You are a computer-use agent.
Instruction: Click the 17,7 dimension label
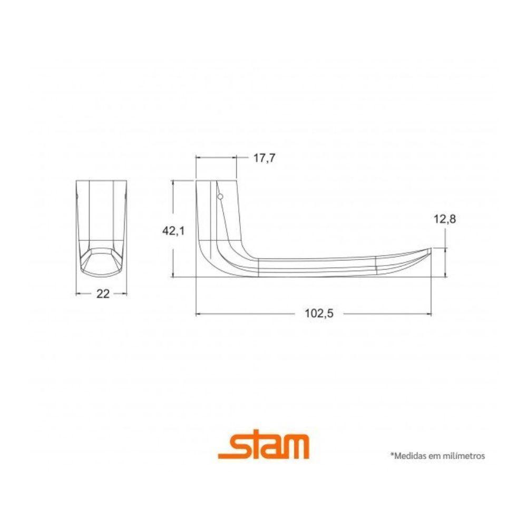pyautogui.click(x=265, y=159)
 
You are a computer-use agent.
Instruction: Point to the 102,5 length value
pyautogui.click(x=319, y=314)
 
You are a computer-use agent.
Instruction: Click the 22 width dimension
pyautogui.click(x=103, y=294)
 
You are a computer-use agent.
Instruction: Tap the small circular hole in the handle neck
pyautogui.click(x=220, y=197)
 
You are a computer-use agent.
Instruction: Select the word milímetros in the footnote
pyautogui.click(x=464, y=455)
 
